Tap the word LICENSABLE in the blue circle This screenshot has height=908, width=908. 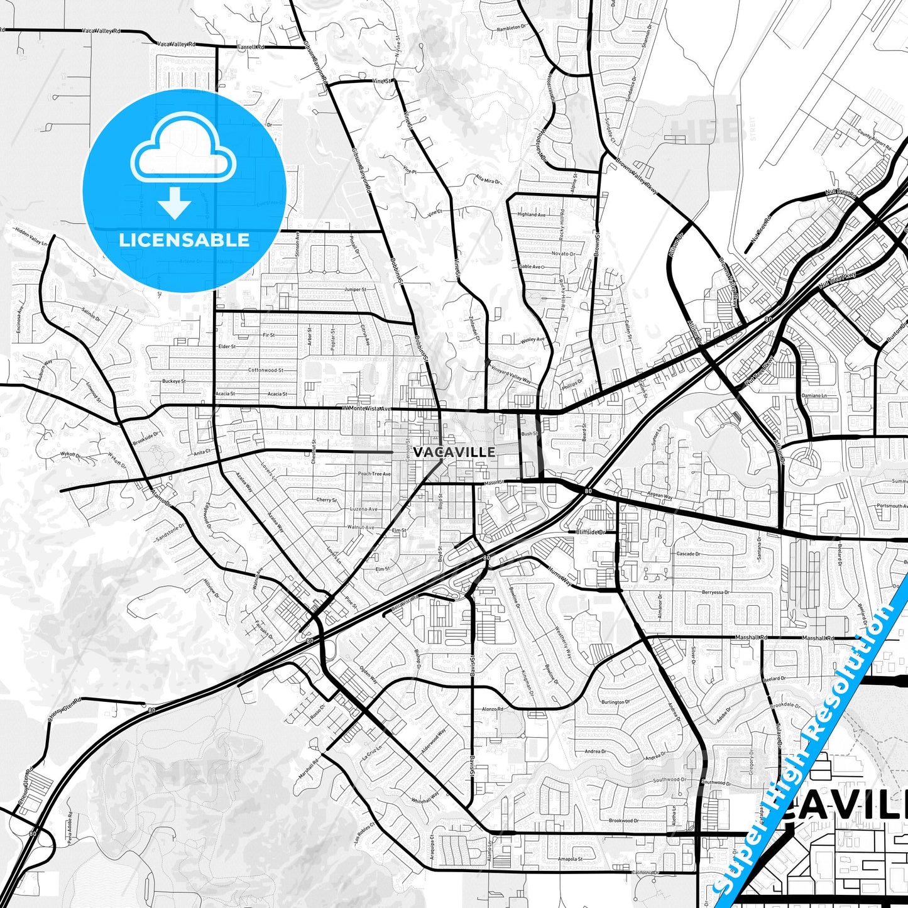click(x=184, y=240)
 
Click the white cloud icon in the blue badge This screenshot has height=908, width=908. click(x=183, y=151)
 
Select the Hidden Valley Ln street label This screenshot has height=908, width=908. click(x=31, y=238)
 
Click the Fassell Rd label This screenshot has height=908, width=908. click(x=251, y=47)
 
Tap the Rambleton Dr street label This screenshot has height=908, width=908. click(x=509, y=28)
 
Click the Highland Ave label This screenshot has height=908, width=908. click(x=532, y=214)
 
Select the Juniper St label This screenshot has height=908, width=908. click(x=355, y=290)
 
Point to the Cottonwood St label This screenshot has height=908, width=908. click(x=266, y=370)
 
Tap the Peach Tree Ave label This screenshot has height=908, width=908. click(x=374, y=474)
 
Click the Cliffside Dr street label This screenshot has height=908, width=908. click(x=591, y=532)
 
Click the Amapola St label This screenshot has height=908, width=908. click(x=571, y=858)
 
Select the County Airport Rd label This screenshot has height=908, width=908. click(x=874, y=139)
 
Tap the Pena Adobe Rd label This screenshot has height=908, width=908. click(x=69, y=829)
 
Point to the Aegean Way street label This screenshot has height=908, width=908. click(x=659, y=496)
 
